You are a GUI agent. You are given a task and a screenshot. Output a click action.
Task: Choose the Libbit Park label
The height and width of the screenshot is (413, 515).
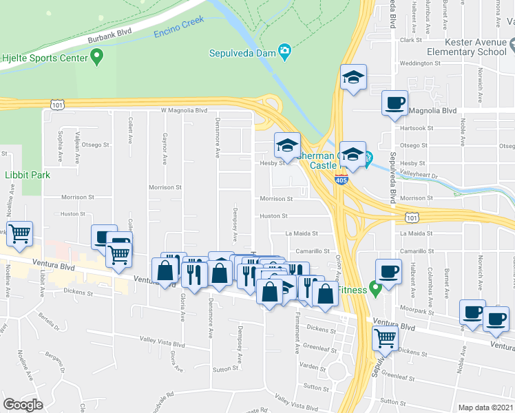(28, 176)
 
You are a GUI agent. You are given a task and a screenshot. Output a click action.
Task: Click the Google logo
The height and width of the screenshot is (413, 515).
(23, 405)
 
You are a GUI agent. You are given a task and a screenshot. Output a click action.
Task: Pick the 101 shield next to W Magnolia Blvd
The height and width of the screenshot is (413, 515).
(58, 105)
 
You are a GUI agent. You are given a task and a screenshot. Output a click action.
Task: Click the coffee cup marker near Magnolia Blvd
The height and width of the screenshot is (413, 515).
(395, 103)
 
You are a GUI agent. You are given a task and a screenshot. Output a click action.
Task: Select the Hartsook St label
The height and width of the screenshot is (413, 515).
(417, 128)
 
